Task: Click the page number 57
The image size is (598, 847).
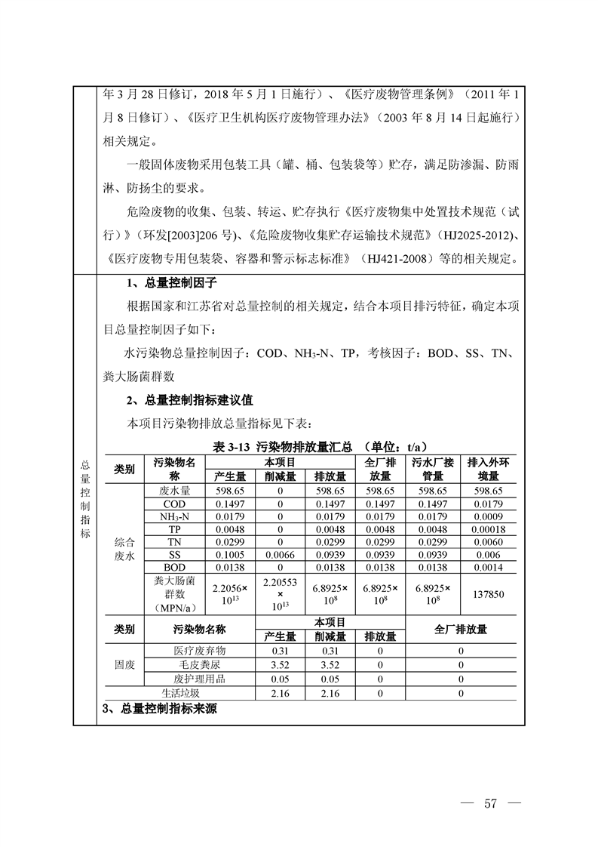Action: [x=490, y=802]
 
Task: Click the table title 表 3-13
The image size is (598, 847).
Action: [x=232, y=447]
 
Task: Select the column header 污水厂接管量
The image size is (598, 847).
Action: [x=433, y=469]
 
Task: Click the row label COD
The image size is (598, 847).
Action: [x=173, y=504]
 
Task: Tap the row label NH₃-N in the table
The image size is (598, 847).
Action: [x=173, y=516]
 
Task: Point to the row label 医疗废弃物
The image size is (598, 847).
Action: [x=199, y=651]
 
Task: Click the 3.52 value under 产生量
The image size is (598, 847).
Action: [x=279, y=664]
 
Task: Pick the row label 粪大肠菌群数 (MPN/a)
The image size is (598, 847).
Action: [x=173, y=594]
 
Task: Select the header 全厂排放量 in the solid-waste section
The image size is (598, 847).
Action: [x=461, y=630]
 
